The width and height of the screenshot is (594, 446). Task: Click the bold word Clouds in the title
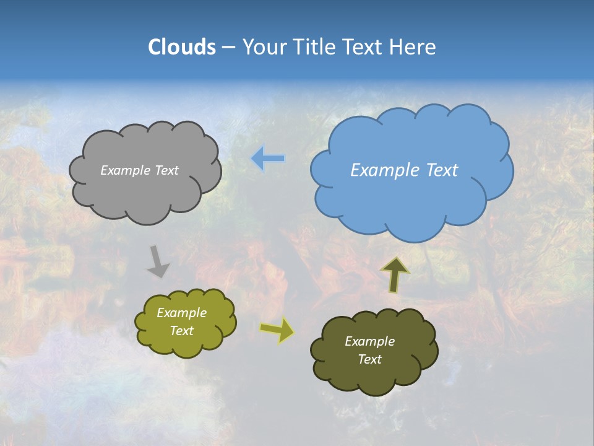[x=182, y=47]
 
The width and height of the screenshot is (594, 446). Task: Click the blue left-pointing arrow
[x=267, y=159]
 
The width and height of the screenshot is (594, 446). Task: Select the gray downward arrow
[x=158, y=261]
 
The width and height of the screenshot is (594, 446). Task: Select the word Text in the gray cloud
[x=167, y=170]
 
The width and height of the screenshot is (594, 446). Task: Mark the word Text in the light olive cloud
[x=182, y=331]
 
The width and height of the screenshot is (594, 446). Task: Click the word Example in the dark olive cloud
[x=369, y=341]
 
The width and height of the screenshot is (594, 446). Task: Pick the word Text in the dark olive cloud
[x=369, y=359]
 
